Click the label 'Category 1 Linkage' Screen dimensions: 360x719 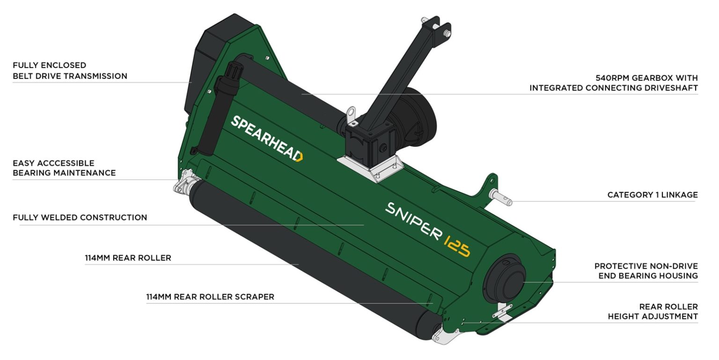coord(652,195)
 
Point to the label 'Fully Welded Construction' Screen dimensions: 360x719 coord(80,218)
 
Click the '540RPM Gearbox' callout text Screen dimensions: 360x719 coord(613,83)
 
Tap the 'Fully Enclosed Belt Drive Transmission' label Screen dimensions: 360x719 coord(70,71)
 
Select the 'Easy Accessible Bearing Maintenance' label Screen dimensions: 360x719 coord(64,168)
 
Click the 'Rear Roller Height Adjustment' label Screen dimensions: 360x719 coord(653,312)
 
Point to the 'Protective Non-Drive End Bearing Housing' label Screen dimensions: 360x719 coord(646,271)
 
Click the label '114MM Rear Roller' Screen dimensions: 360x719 coord(128,258)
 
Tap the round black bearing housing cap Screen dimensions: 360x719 coord(507,280)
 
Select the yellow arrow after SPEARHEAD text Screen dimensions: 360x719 coord(300,157)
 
